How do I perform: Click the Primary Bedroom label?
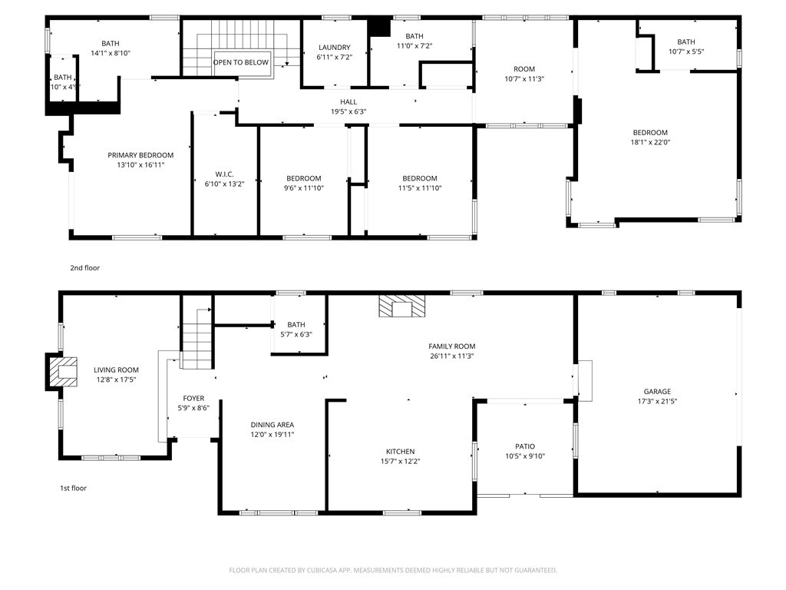tap(140, 155)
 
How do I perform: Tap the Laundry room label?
tap(334, 48)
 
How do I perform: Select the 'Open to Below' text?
tap(241, 63)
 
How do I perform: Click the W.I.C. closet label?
tap(224, 174)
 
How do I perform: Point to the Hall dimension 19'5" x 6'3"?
tap(348, 112)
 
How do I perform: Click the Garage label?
tap(657, 391)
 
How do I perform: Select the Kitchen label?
tap(400, 452)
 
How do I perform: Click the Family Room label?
tap(452, 346)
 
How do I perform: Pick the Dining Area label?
tap(272, 425)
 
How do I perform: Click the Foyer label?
tap(193, 398)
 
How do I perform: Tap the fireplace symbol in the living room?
tap(63, 372)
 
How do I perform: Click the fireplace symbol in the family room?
tap(401, 307)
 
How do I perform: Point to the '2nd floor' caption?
tap(85, 268)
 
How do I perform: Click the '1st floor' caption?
tap(74, 488)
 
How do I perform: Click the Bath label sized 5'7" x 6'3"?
tap(296, 325)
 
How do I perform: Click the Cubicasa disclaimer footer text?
tap(393, 570)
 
